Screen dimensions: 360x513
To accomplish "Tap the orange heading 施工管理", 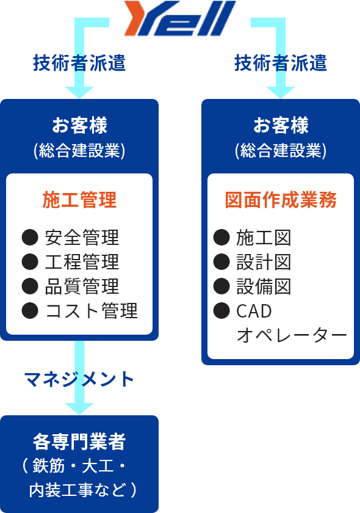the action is (79, 200).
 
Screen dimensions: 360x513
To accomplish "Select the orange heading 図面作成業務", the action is (281, 200).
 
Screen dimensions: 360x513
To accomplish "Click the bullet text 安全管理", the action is (82, 238).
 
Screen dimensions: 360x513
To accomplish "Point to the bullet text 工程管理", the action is (82, 262).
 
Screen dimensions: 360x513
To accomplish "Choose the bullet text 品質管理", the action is (82, 286).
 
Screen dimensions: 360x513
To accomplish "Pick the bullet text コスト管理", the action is (92, 311).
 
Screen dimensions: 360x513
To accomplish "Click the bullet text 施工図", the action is (264, 238).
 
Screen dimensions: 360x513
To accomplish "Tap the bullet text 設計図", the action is (264, 262).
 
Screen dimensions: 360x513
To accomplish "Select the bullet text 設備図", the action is (264, 286).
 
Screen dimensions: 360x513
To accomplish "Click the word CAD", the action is (254, 311).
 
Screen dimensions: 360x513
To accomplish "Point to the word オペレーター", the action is (292, 335).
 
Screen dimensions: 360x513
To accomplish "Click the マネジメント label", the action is (79, 379).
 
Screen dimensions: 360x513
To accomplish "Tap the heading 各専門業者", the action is (79, 442).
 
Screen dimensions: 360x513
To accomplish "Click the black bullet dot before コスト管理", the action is (30, 310).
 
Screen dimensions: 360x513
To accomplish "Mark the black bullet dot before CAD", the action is (221, 310).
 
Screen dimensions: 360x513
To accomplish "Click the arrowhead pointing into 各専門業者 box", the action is (79, 409).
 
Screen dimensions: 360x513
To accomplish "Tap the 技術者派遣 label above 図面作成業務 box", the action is (281, 63).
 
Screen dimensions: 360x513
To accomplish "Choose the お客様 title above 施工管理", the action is (79, 125).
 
